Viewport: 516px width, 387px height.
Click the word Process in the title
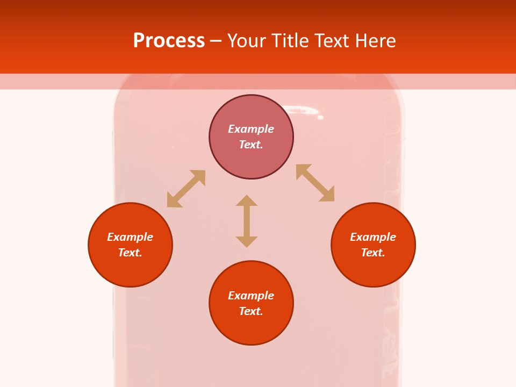tap(169, 41)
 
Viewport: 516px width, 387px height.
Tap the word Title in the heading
tap(292, 41)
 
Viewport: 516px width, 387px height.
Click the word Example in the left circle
tap(130, 237)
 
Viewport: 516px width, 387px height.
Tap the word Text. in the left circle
tap(130, 253)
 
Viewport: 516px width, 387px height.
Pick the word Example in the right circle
tap(373, 237)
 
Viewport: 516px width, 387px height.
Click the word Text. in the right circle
tap(373, 253)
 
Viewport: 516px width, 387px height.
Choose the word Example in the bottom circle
tap(251, 296)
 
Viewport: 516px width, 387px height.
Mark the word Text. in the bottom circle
tap(251, 311)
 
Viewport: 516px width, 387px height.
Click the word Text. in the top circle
tap(251, 145)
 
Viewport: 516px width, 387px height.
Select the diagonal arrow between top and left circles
tap(186, 189)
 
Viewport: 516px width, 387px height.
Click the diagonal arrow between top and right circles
tap(315, 183)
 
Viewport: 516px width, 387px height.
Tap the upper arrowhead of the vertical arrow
tap(247, 200)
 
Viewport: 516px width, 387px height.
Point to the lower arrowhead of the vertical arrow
tap(247, 241)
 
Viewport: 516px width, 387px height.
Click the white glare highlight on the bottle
tap(304, 111)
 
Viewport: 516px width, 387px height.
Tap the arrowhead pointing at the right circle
tap(327, 195)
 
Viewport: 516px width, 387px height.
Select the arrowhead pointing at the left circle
tap(174, 200)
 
